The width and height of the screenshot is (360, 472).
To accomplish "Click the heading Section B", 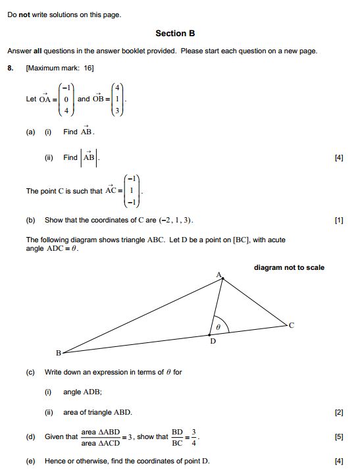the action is coord(175,33).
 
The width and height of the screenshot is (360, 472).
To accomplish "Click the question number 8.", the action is coord(11,68).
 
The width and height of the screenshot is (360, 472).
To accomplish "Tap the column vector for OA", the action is coord(66,99).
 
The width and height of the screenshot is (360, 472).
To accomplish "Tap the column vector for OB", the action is coord(116,99).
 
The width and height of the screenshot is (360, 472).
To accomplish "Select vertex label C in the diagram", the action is coord(292,325).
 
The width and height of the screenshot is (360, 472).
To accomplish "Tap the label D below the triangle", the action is coord(212,342).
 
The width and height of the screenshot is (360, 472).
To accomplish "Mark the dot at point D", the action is coord(210,335).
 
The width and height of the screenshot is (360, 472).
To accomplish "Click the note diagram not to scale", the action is coord(289,267).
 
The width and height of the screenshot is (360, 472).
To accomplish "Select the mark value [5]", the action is coord(339,436).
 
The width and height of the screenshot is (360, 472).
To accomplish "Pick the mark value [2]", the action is coord(339,412).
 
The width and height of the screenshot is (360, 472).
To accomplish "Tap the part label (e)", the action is coord(30,461).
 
